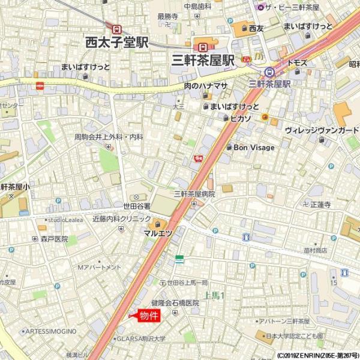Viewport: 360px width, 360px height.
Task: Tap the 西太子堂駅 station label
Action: [116, 42]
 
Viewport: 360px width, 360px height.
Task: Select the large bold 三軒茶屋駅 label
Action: [202, 60]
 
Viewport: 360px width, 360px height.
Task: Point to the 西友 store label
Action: [256, 28]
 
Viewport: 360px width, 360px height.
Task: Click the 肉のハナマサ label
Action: [206, 86]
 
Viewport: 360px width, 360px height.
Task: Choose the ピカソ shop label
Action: [240, 118]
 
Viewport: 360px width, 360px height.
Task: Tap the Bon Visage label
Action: [254, 148]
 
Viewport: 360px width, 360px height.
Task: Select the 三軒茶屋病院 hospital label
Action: [194, 194]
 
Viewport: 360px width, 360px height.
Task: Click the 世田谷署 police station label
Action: [137, 205]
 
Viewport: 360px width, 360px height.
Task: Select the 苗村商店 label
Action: [315, 250]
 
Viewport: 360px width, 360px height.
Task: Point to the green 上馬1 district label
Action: [214, 295]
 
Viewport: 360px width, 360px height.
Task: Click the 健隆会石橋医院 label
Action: [175, 303]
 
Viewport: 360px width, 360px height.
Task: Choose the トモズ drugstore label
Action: [297, 62]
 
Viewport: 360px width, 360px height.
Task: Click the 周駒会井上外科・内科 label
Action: [109, 137]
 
